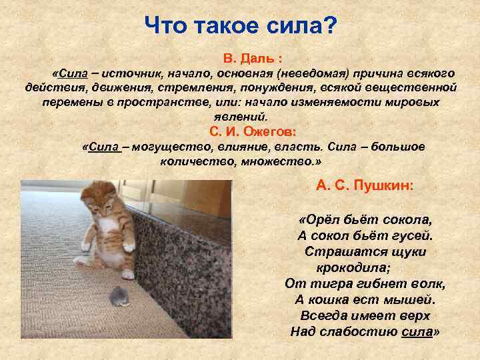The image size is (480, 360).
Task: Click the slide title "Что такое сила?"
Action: pos(241,27)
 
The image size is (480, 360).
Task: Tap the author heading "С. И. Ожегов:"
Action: pos(247,131)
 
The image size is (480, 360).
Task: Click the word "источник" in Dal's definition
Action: pos(133,73)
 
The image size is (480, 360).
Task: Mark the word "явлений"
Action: pos(247,116)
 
